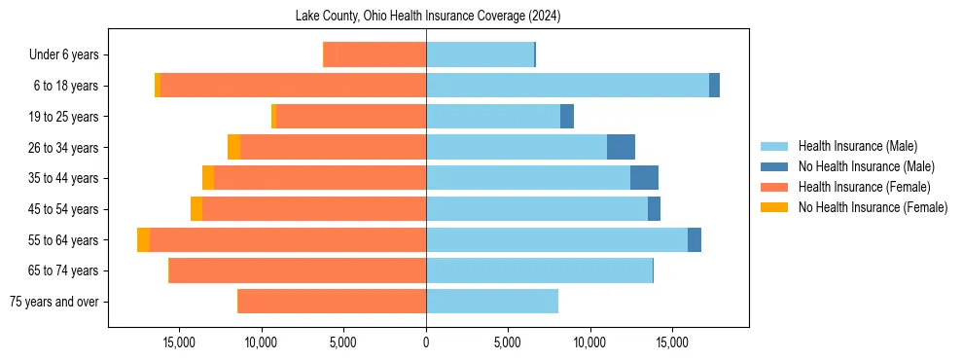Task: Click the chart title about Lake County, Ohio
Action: (x=428, y=17)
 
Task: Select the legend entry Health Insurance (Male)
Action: (x=857, y=146)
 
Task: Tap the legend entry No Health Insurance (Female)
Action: (x=873, y=207)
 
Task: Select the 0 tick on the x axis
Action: (x=426, y=342)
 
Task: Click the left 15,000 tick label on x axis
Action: (x=180, y=342)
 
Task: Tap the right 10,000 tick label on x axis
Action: (x=590, y=342)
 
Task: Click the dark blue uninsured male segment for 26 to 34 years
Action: (x=621, y=147)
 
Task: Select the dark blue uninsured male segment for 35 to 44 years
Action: (x=644, y=178)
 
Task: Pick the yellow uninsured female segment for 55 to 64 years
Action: (x=143, y=239)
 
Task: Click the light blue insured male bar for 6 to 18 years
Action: (x=567, y=86)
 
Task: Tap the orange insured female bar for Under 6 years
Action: (x=374, y=55)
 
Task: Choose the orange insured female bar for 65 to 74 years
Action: (x=298, y=270)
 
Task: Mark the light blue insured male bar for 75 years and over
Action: (x=492, y=302)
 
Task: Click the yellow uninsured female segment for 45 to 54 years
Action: (x=196, y=209)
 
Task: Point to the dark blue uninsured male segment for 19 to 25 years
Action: (x=567, y=117)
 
